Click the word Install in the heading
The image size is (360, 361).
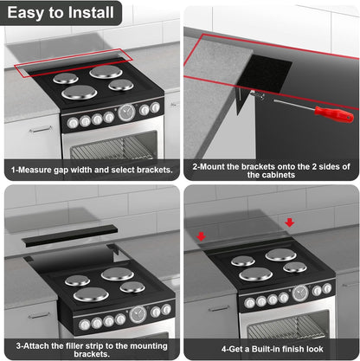tap(91, 13)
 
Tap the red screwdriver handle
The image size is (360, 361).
tap(334, 113)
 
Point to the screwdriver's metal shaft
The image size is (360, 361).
tap(294, 104)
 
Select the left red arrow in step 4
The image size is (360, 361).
tap(201, 236)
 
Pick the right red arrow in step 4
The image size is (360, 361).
tap(289, 222)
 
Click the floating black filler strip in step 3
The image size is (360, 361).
tap(70, 235)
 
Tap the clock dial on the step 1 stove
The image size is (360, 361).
tap(126, 113)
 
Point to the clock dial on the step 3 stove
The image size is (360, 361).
tap(138, 314)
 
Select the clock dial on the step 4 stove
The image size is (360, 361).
tap(300, 293)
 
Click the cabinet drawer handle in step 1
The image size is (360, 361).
tap(41, 129)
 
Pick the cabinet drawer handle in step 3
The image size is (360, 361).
tap(39, 315)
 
